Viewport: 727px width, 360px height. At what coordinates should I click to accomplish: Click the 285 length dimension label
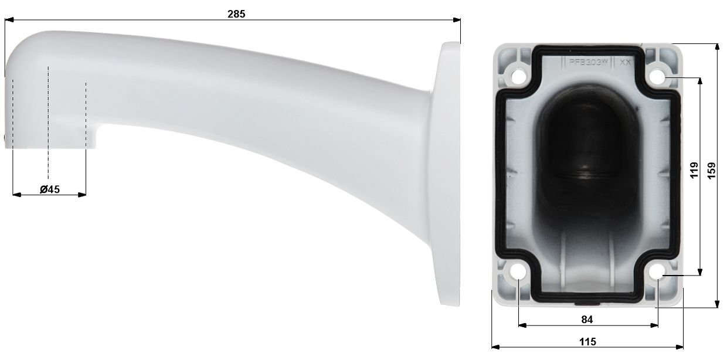(x=236, y=14)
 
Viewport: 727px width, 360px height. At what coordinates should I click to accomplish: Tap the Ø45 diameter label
(x=50, y=189)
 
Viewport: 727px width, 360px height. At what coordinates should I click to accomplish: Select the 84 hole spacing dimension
(x=587, y=320)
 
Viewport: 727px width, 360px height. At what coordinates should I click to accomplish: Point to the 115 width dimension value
(x=587, y=341)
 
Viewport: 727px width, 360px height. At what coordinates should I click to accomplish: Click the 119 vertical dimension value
(x=694, y=171)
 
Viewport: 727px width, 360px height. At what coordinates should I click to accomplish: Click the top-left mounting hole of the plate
(x=518, y=76)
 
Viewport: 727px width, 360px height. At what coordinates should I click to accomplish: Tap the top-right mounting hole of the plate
(x=658, y=76)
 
